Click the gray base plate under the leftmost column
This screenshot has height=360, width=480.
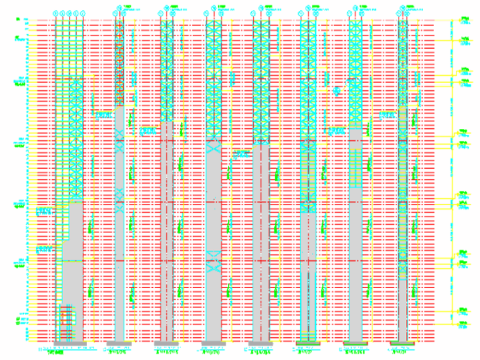pos(65,343)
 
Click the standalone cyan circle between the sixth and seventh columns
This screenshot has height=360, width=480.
pos(337,90)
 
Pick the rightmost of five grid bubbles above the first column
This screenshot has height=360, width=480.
pos(82,13)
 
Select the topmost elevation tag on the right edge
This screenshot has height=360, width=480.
pos(464,21)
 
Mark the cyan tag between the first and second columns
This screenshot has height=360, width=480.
pos(102,115)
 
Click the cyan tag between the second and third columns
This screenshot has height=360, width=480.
pos(147,131)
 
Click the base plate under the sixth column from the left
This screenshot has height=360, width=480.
pos(308,344)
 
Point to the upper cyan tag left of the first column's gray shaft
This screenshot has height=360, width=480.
pos(44,211)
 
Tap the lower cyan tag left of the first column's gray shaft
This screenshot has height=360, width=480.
pos(44,250)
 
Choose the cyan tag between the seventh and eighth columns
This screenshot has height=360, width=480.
pos(386,115)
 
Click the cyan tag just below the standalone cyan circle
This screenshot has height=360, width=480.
pos(337,131)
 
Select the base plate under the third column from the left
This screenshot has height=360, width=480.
pos(166,344)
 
